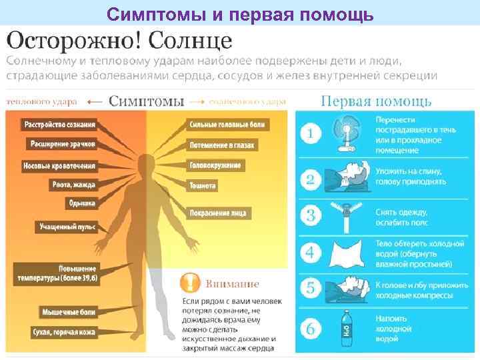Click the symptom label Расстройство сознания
click(60, 124)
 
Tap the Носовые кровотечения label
click(60, 165)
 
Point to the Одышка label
click(83, 203)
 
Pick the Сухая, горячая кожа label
click(64, 332)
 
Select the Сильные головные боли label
click(227, 124)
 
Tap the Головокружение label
click(215, 165)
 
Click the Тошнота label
click(203, 186)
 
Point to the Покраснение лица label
click(218, 213)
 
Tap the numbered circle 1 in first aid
click(310, 134)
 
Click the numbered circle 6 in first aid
click(310, 329)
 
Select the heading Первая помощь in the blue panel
click(376, 101)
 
